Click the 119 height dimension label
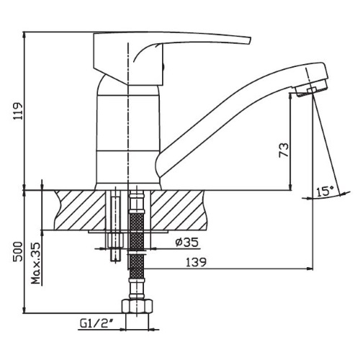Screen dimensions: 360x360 (18, 111)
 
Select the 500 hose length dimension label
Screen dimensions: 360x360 (18, 252)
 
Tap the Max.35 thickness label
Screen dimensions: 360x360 (36, 264)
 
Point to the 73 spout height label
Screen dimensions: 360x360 (284, 150)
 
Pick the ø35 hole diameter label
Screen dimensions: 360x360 (187, 243)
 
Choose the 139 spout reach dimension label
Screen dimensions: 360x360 (196, 262)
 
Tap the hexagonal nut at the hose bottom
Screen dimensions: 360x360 (137, 306)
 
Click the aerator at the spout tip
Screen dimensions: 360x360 (312, 89)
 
